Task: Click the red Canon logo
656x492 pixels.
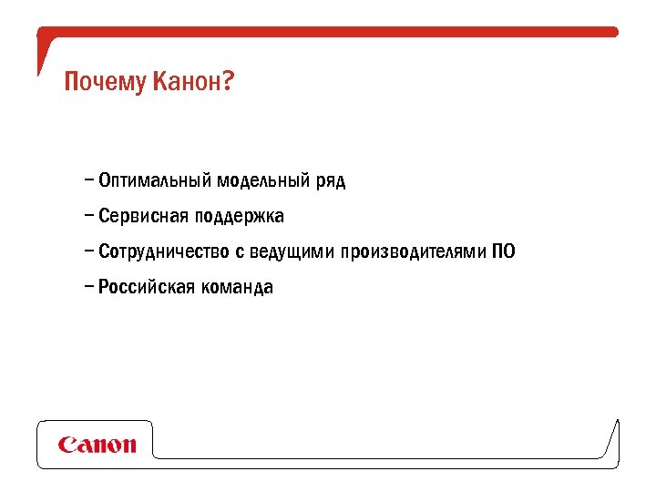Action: tap(97, 445)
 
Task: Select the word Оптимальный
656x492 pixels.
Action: tap(155, 180)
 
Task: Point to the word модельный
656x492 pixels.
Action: tap(263, 180)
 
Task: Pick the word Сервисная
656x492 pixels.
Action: tap(142, 216)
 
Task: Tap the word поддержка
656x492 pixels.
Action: tap(240, 217)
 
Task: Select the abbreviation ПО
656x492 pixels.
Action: tap(504, 251)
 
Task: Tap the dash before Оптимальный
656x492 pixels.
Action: tap(87, 179)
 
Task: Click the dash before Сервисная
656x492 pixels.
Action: tap(87, 215)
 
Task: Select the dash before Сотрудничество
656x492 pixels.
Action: tap(87, 250)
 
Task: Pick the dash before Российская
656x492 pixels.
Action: tap(87, 285)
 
